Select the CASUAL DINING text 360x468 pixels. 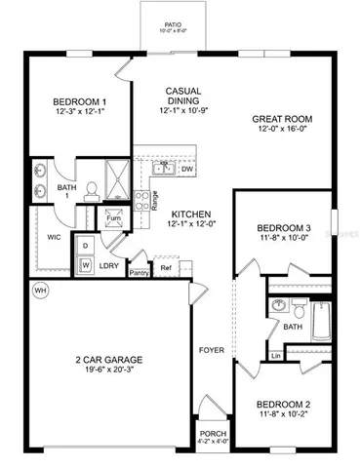tap(183, 96)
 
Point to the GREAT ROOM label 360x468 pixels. tap(284, 117)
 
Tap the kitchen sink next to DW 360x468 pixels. tap(165, 168)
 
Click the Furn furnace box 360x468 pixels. tap(113, 218)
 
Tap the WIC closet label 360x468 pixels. tap(55, 235)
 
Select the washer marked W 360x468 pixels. tap(86, 263)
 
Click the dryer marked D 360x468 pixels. tap(86, 246)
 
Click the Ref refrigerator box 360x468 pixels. tap(166, 267)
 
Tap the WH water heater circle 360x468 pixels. tap(39, 290)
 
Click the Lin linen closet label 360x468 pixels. tap(277, 356)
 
